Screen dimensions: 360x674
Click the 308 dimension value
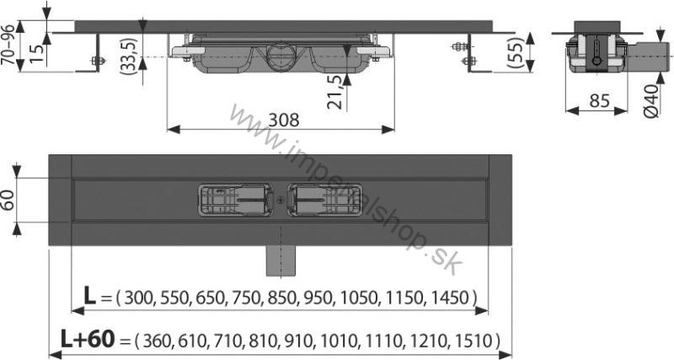point(283,119)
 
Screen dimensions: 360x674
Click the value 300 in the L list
point(140,298)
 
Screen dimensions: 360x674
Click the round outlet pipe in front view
point(279,59)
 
